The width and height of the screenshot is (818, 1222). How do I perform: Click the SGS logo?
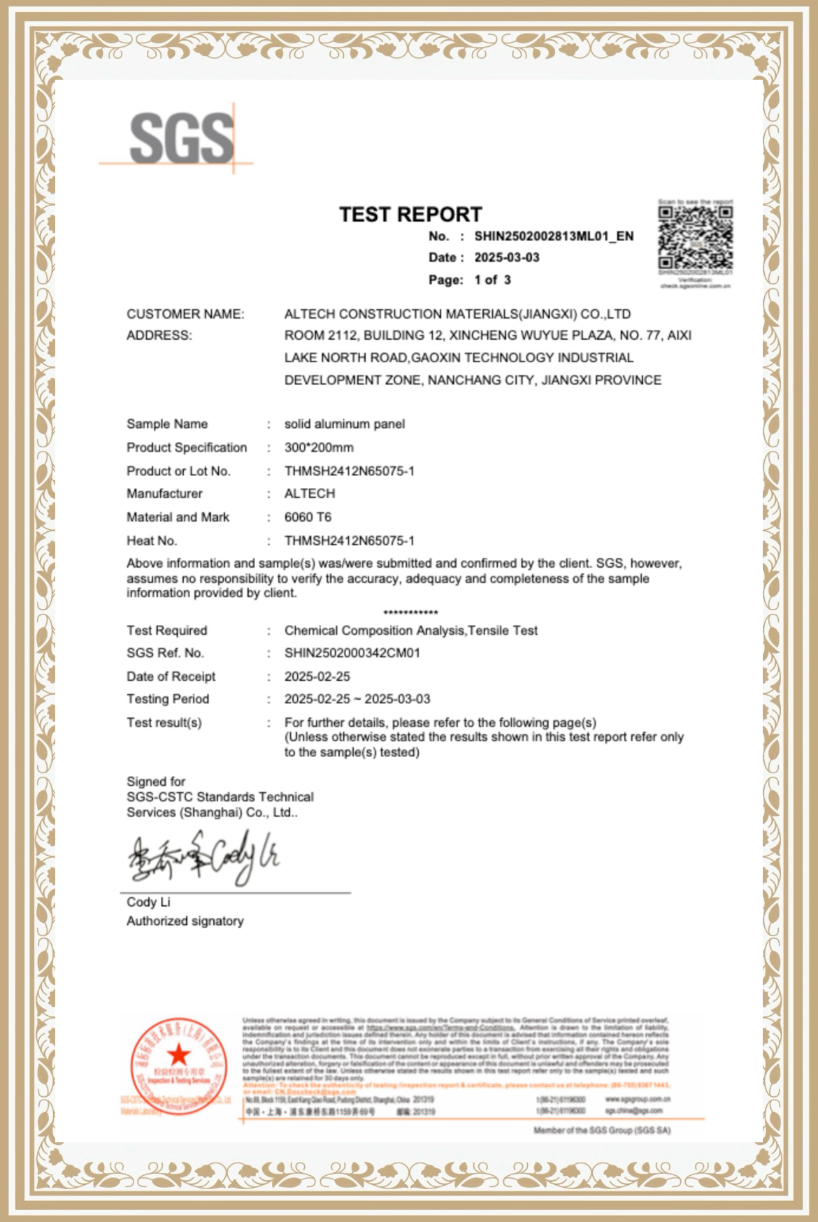[x=181, y=138]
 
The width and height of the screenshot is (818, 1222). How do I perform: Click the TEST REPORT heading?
[x=410, y=214]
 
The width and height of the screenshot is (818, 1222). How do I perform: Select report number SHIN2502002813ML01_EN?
[x=554, y=236]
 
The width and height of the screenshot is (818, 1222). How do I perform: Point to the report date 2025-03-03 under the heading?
[x=507, y=258]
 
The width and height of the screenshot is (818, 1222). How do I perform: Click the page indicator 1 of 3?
[x=492, y=280]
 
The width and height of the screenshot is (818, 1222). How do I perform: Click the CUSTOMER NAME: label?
[x=185, y=315]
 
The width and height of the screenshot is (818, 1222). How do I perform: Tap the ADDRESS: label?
[x=159, y=336]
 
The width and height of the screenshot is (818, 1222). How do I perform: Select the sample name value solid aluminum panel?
[x=344, y=424]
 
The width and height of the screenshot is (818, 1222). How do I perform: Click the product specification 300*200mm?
[x=319, y=447]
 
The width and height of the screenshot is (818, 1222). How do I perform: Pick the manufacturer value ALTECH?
[x=310, y=494]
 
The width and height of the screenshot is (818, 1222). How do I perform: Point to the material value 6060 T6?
[x=308, y=517]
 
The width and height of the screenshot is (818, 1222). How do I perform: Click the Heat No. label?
[x=152, y=541]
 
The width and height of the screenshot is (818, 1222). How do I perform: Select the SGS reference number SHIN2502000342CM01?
[x=352, y=653]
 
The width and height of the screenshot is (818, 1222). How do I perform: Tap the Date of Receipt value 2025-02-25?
[x=317, y=677]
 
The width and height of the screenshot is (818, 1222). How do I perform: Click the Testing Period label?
[x=168, y=699]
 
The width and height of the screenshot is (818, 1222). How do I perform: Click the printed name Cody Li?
[x=148, y=903]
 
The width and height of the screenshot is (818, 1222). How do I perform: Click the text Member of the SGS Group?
[x=601, y=1130]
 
